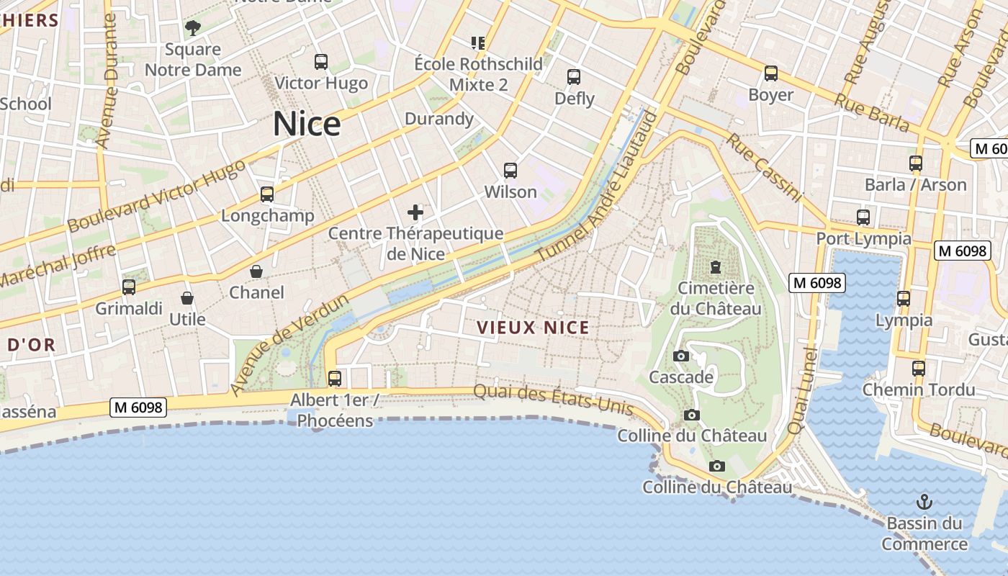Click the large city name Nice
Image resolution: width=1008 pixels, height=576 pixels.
click(x=306, y=124)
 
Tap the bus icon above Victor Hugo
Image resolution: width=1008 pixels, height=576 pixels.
click(x=321, y=62)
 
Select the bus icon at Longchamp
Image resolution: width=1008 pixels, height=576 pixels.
click(x=267, y=194)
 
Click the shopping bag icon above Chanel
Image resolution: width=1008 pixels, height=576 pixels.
click(x=256, y=271)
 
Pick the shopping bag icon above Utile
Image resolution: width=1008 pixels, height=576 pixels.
click(x=187, y=298)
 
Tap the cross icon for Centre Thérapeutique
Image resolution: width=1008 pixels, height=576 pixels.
click(x=415, y=212)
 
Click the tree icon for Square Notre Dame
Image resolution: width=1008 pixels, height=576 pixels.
click(x=192, y=29)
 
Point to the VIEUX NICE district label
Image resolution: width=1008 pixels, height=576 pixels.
click(x=533, y=328)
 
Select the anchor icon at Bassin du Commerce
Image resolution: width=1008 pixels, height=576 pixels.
click(x=924, y=502)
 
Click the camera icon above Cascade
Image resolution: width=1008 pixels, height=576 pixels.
click(x=680, y=356)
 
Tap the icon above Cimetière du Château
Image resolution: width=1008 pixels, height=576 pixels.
click(x=716, y=267)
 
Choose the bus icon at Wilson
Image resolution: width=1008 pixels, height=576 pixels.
click(x=510, y=171)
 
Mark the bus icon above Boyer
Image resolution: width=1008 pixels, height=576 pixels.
click(x=771, y=73)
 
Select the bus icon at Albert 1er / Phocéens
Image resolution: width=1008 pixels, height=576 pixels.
click(x=335, y=378)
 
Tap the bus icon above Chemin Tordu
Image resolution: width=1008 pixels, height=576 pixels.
click(x=919, y=369)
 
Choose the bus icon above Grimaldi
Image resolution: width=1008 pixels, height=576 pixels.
click(x=129, y=287)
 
